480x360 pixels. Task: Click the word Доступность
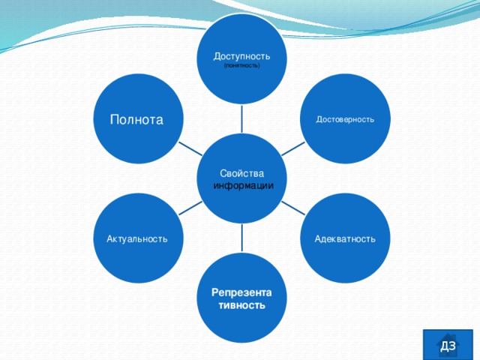coord(241,57)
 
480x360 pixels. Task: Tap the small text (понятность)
coord(241,65)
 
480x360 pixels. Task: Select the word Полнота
coord(136,119)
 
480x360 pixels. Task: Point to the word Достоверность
coord(345,119)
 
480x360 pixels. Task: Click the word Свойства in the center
coord(241,173)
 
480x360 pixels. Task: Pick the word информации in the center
coord(243,186)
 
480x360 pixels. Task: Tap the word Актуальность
coord(137,238)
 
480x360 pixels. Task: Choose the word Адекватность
coord(345,238)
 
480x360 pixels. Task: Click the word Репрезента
coord(241,293)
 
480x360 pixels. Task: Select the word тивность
coord(241,305)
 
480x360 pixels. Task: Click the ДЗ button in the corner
coord(448,344)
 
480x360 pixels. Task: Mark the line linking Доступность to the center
coord(241,119)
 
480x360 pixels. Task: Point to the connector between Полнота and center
coord(190,148)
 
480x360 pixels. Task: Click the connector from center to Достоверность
coord(293,148)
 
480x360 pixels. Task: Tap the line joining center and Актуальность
coord(190,208)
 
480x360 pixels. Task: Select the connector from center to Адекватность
coord(293,208)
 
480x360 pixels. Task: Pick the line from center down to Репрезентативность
coord(241,238)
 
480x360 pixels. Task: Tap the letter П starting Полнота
coord(114,119)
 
